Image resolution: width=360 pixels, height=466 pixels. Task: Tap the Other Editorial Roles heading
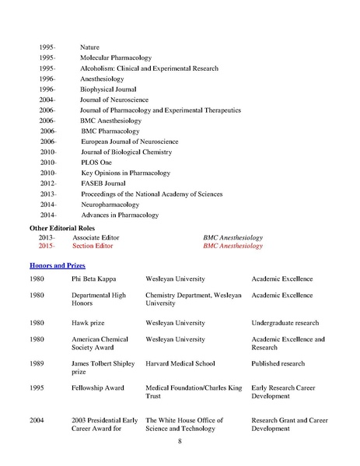point(63,227)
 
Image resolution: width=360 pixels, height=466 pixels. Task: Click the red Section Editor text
point(93,246)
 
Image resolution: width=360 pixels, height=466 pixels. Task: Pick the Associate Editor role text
point(96,237)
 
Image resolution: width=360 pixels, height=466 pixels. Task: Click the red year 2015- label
point(47,246)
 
